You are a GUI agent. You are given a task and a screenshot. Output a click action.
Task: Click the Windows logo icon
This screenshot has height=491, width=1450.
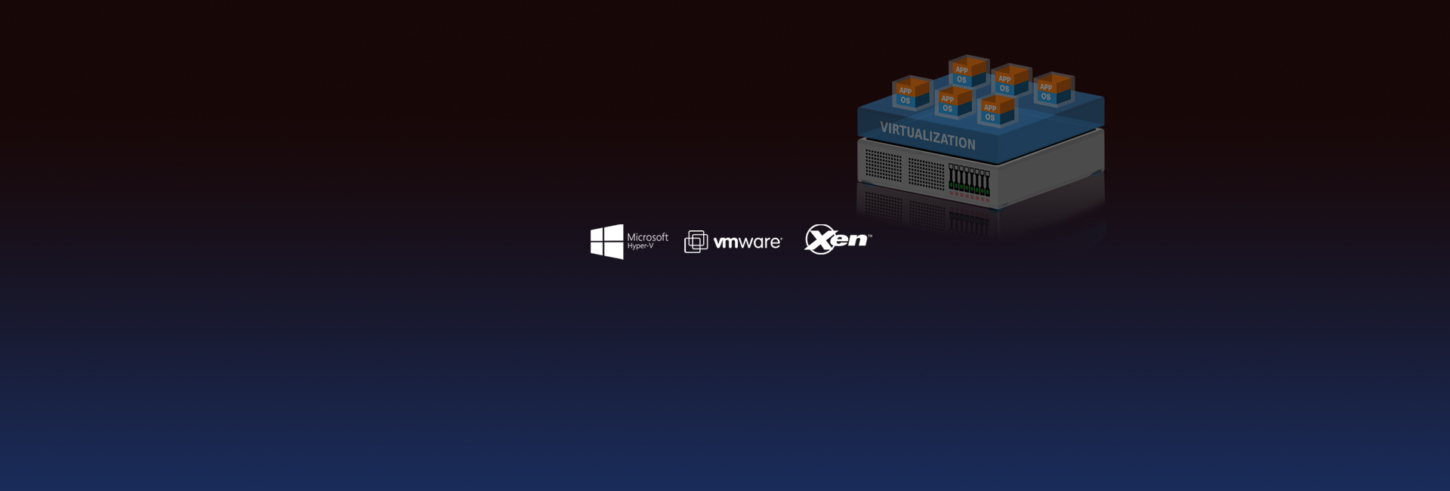coord(606,242)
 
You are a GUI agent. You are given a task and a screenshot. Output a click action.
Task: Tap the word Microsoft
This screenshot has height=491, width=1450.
coord(647,237)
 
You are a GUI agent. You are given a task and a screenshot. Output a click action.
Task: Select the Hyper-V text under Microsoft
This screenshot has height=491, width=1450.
coord(640,246)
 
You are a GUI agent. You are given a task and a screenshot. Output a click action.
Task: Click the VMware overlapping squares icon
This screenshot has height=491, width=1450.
coord(696,242)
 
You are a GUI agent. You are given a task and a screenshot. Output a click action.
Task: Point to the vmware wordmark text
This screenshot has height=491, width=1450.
coord(747,242)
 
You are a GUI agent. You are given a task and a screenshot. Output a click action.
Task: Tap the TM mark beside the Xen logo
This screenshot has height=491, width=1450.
coord(869,236)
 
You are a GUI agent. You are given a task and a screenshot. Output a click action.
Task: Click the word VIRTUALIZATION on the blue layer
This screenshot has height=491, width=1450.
coord(927,136)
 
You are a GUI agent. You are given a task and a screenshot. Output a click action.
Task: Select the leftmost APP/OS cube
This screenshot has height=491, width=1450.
coord(912,94)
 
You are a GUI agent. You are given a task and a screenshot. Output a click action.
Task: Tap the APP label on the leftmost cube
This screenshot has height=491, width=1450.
coord(905,91)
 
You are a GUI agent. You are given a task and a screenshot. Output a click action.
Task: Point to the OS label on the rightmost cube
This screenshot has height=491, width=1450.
coord(1045,97)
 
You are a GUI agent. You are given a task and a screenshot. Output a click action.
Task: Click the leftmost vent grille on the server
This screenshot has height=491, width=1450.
coord(883,165)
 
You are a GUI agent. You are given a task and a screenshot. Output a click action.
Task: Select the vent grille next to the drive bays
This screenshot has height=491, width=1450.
coord(926,173)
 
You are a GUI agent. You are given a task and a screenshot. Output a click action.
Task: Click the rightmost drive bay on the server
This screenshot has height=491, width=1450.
coord(987,184)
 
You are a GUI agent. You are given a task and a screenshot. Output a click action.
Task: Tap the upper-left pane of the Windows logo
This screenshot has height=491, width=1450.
coord(597,233)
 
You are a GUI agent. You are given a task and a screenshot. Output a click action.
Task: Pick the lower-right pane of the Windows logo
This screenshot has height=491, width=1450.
coord(615,251)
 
